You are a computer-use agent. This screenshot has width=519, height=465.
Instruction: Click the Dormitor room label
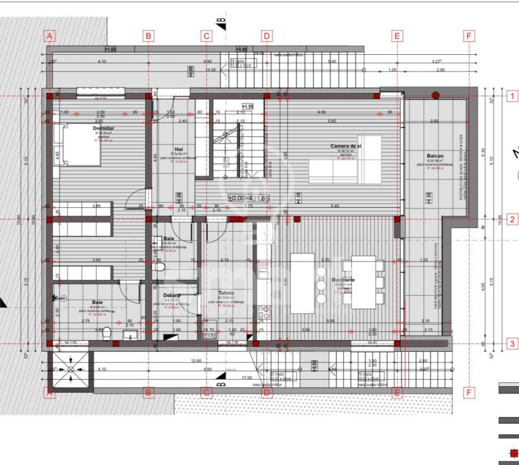[x=103, y=129]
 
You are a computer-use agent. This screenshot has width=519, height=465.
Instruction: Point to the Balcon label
[x=435, y=156]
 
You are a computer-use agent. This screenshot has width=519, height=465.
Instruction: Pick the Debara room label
[x=172, y=295]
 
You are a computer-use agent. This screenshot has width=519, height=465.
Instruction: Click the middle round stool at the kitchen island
[x=321, y=285]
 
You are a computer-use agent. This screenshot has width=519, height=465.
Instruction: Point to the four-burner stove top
[x=263, y=313]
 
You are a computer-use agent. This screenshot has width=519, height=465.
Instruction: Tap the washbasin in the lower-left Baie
[x=130, y=334]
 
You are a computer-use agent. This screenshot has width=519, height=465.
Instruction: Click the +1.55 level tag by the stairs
[x=248, y=106]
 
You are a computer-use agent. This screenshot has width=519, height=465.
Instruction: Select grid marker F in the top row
[x=469, y=36]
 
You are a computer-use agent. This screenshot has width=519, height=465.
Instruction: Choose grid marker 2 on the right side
[x=513, y=220]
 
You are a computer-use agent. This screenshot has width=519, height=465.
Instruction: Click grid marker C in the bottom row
[x=207, y=392]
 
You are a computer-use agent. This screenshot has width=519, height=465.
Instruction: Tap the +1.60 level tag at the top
[x=110, y=49]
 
